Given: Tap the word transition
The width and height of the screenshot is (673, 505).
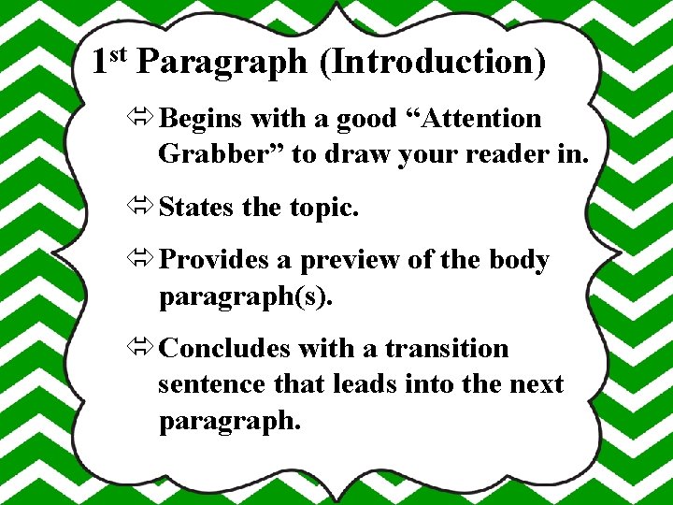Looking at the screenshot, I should (x=447, y=348).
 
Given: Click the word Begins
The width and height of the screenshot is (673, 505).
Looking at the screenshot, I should (x=201, y=119).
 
